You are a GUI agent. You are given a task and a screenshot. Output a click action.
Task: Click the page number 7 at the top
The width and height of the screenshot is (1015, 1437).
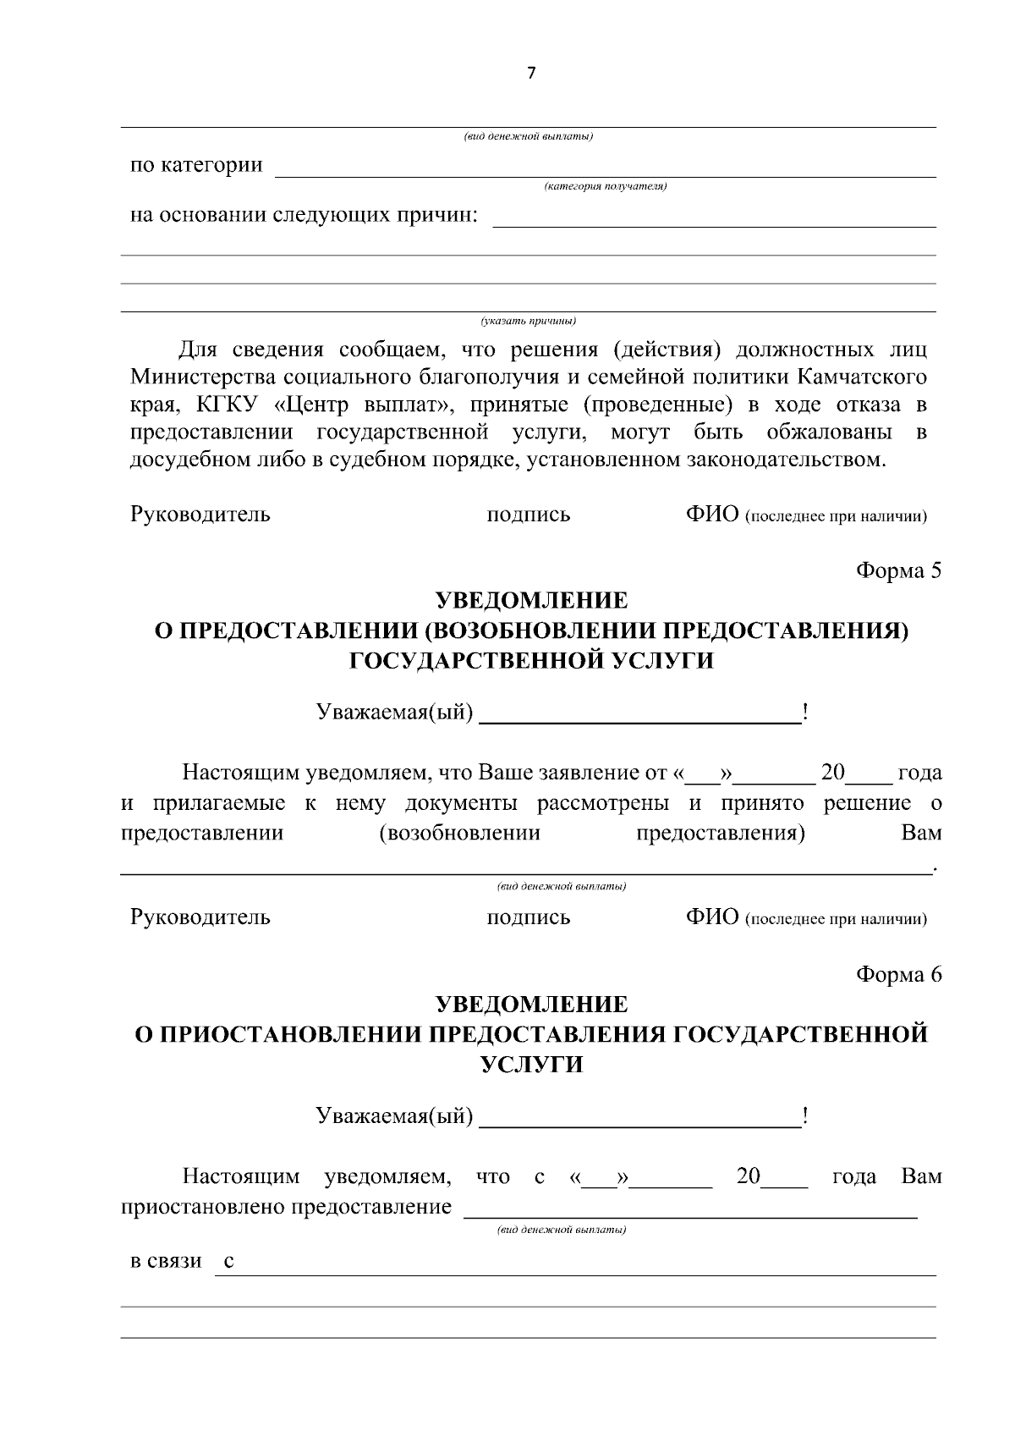click(530, 73)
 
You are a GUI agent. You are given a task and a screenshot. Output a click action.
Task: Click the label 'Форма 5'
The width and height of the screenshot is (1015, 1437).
click(898, 570)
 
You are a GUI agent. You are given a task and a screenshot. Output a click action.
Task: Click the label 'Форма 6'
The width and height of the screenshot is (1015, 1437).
click(898, 974)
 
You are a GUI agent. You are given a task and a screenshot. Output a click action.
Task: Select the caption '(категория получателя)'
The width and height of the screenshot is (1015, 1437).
click(606, 186)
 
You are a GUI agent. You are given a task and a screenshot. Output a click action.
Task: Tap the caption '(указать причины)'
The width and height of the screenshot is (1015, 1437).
click(528, 321)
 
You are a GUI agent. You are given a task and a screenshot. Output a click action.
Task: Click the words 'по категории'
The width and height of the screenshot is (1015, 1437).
click(196, 164)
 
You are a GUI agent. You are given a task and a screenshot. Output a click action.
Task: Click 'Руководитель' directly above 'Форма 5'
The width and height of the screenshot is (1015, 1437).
click(200, 514)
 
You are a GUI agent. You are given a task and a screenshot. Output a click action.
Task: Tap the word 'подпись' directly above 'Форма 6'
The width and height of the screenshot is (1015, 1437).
click(529, 917)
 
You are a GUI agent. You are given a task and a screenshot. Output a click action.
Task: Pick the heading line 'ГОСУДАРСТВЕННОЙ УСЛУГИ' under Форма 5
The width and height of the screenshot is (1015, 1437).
click(531, 661)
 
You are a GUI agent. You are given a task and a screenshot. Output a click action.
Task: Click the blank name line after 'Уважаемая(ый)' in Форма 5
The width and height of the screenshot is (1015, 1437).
click(639, 714)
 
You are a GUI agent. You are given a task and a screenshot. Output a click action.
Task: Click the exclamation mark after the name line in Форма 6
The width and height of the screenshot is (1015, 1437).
click(806, 1117)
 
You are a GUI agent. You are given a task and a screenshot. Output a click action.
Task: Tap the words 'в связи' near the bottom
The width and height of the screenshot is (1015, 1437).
click(166, 1261)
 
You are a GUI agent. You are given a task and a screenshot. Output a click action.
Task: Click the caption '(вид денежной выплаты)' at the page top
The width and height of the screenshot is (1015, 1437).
click(528, 137)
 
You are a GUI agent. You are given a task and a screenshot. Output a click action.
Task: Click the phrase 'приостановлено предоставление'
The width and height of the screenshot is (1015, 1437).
click(286, 1206)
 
